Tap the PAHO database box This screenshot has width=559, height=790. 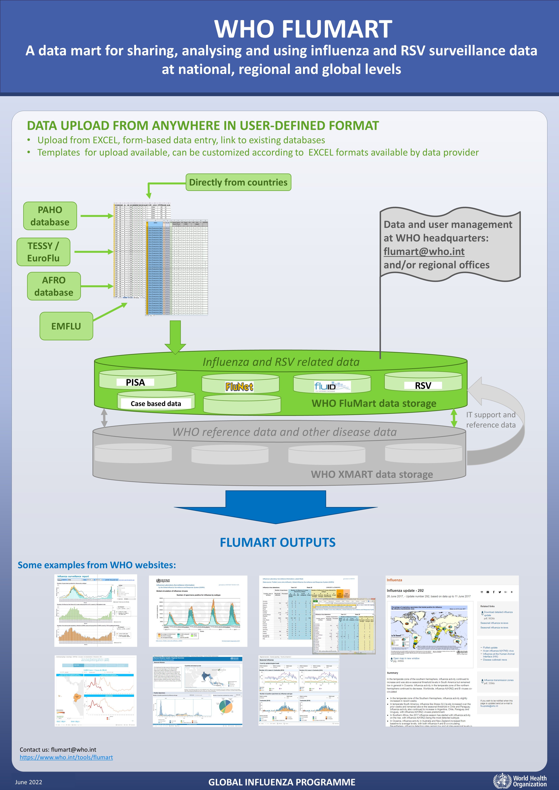point(50,216)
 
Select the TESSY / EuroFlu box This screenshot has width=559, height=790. point(43,252)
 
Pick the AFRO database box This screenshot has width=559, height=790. point(54,286)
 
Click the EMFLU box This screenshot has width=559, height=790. point(66,326)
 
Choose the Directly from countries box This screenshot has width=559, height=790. point(238,182)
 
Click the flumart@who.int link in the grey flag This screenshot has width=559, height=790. point(424,252)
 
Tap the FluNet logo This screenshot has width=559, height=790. point(239,387)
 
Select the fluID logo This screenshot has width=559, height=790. point(332,386)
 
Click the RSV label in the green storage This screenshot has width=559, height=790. point(423,386)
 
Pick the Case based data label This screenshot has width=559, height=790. point(156,404)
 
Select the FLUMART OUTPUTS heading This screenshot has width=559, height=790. point(277,543)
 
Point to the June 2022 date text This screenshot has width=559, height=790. point(28,782)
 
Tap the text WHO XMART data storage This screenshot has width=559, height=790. point(372,474)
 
